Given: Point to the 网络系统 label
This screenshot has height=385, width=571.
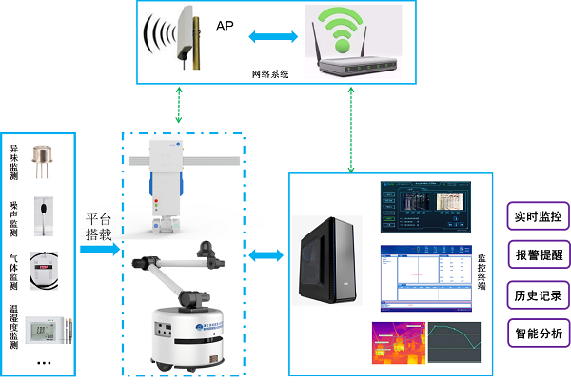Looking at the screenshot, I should click(269, 73).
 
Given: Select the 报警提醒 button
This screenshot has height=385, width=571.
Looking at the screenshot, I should click(538, 254).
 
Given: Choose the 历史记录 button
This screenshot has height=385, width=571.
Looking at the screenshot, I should click(538, 294).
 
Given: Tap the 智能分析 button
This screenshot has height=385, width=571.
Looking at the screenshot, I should click(538, 333).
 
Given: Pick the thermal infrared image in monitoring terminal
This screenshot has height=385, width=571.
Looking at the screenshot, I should click(398, 343).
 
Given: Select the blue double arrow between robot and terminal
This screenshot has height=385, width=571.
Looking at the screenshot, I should click(266, 256).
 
